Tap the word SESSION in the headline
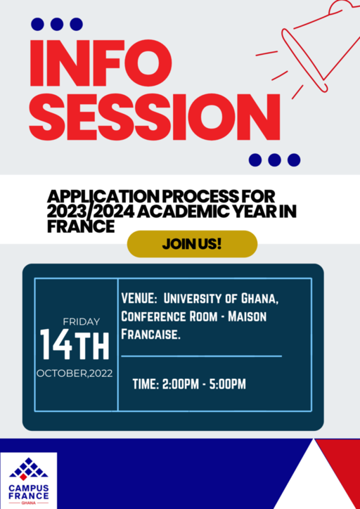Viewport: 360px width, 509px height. (x=155, y=117)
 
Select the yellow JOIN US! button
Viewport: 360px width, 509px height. (x=192, y=244)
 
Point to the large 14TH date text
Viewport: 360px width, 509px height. (x=75, y=344)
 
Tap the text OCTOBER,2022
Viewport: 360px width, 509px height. (x=75, y=373)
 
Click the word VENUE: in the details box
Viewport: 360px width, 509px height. (x=139, y=299)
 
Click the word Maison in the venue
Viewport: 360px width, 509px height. (x=247, y=316)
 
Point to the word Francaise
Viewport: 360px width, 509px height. (x=150, y=335)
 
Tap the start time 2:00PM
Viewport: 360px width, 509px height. (x=181, y=385)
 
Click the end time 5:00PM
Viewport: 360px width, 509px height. (x=228, y=385)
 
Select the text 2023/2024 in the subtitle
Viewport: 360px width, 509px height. (x=91, y=212)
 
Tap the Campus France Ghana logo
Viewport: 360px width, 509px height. (x=29, y=480)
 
